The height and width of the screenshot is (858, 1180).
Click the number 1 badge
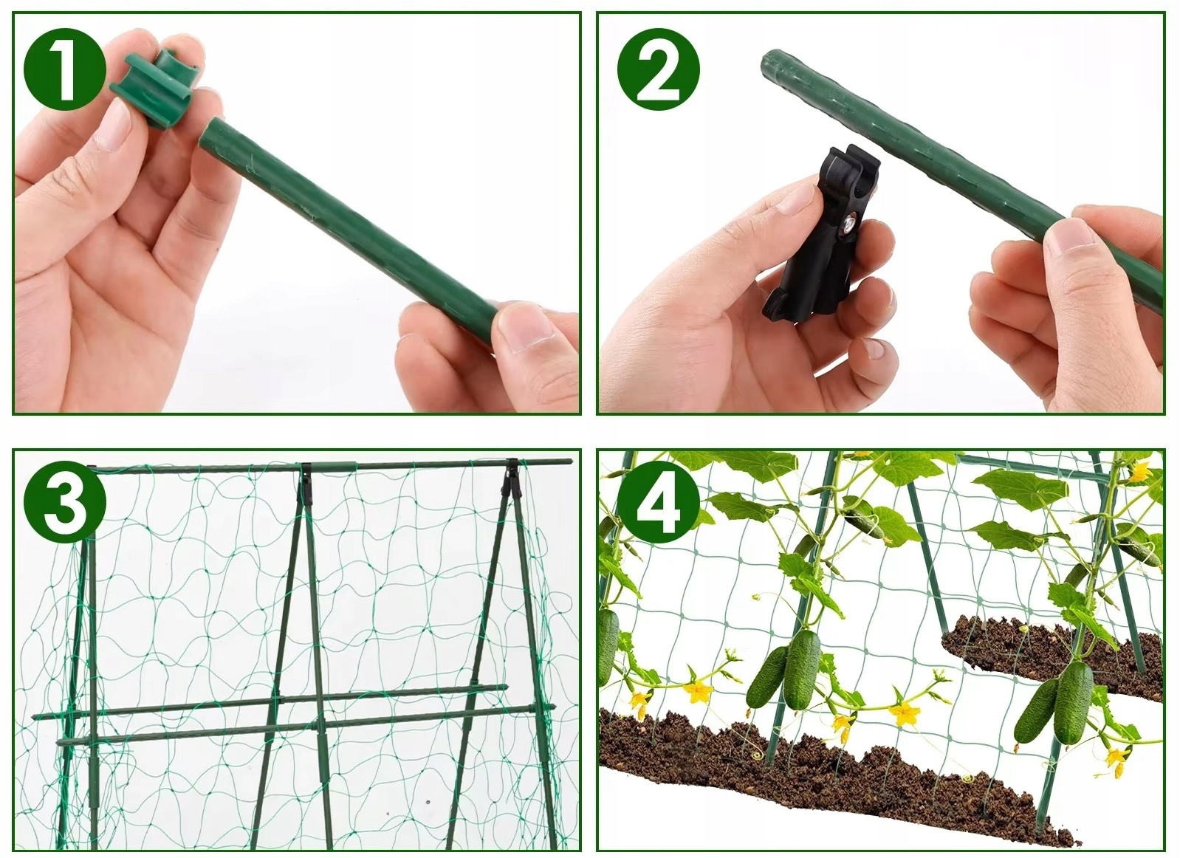[64, 68]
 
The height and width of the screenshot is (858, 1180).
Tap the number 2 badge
[659, 69]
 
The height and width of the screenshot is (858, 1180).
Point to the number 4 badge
[659, 504]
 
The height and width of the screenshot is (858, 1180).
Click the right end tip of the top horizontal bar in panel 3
[571, 461]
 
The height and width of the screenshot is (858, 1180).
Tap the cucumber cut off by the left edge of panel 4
[609, 647]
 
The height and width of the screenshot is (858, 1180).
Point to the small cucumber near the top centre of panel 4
[863, 522]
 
